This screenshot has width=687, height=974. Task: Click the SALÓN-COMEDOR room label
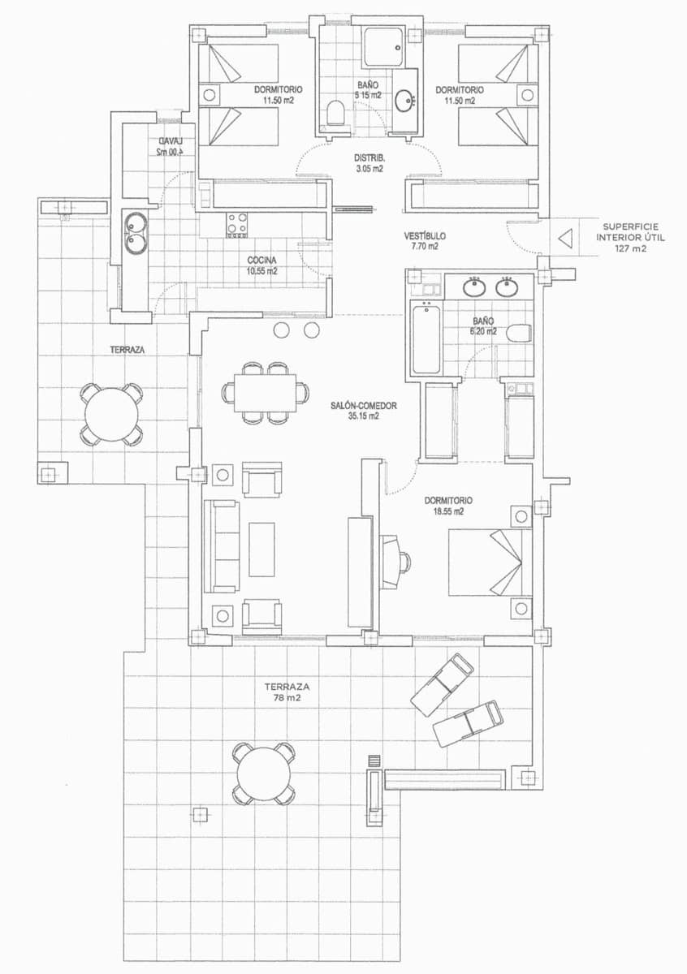click(363, 405)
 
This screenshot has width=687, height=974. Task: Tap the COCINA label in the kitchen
click(262, 261)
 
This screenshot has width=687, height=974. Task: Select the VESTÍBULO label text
click(425, 236)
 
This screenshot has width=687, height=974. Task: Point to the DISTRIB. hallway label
click(369, 157)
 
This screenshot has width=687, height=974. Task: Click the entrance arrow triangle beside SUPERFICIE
click(566, 239)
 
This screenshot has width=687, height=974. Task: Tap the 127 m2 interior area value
click(631, 249)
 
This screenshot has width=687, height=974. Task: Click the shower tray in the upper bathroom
click(382, 47)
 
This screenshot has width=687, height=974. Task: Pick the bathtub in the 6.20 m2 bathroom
click(426, 338)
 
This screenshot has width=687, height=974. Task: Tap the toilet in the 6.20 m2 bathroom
click(518, 332)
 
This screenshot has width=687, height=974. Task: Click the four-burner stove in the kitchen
click(236, 223)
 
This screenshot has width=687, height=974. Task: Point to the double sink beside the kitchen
click(135, 232)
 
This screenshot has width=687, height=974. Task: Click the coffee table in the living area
click(261, 549)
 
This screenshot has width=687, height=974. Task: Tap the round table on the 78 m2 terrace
click(264, 773)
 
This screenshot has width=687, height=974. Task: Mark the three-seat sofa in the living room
click(222, 545)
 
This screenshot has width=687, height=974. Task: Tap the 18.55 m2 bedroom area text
click(447, 512)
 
